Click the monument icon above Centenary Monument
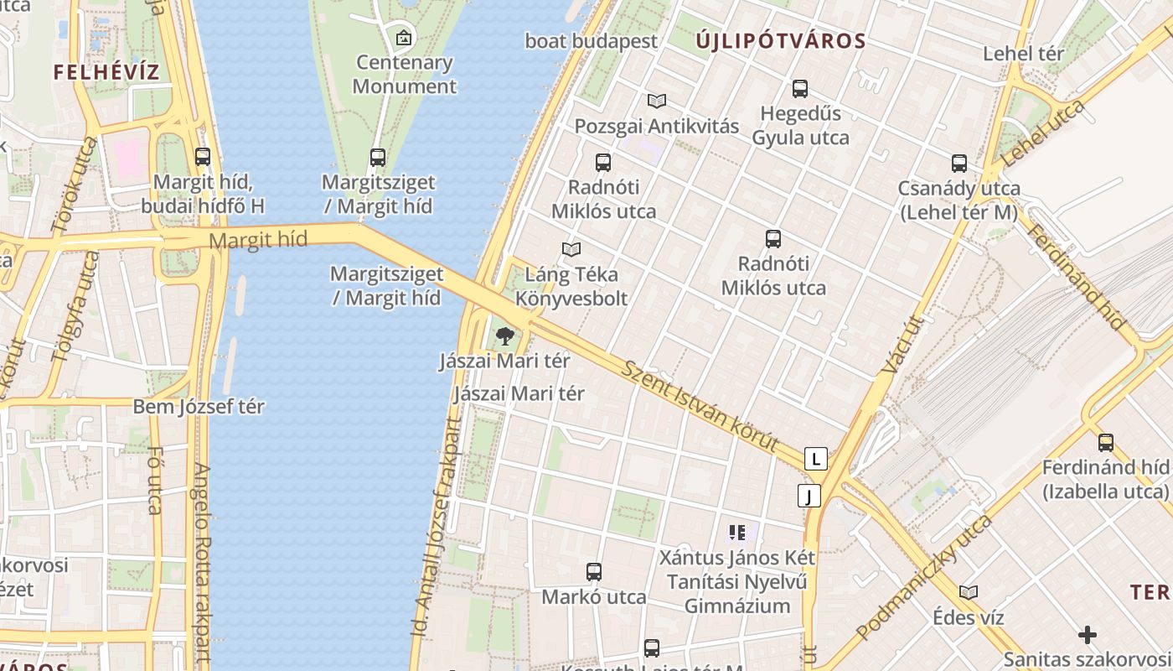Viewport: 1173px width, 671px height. pyautogui.click(x=404, y=37)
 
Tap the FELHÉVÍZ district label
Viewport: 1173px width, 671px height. pyautogui.click(x=106, y=72)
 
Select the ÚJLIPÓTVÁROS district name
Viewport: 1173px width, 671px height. pyautogui.click(x=780, y=40)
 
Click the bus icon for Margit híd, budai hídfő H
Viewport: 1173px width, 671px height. pyautogui.click(x=203, y=156)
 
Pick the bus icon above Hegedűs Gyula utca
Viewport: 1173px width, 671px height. pyautogui.click(x=800, y=88)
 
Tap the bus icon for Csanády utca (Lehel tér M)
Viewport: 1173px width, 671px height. pyautogui.click(x=959, y=163)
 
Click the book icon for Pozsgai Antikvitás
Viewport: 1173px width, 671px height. pyautogui.click(x=657, y=101)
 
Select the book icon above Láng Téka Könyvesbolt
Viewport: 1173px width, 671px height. pyautogui.click(x=571, y=249)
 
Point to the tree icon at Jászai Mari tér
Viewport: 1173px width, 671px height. pyautogui.click(x=504, y=336)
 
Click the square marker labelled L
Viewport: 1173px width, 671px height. pyautogui.click(x=815, y=459)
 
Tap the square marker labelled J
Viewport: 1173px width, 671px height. pyautogui.click(x=809, y=496)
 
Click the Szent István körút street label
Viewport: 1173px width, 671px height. pyautogui.click(x=701, y=405)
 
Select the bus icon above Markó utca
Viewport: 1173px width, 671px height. pyautogui.click(x=594, y=572)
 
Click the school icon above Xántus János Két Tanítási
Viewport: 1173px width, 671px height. pyautogui.click(x=737, y=531)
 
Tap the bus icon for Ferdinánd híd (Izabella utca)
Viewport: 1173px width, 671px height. pyautogui.click(x=1106, y=442)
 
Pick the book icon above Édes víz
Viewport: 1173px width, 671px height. pyautogui.click(x=969, y=592)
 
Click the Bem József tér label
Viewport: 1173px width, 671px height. pyautogui.click(x=199, y=407)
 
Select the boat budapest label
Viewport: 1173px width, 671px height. pyautogui.click(x=592, y=40)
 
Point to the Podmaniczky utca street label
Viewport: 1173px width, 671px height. pyautogui.click(x=924, y=578)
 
